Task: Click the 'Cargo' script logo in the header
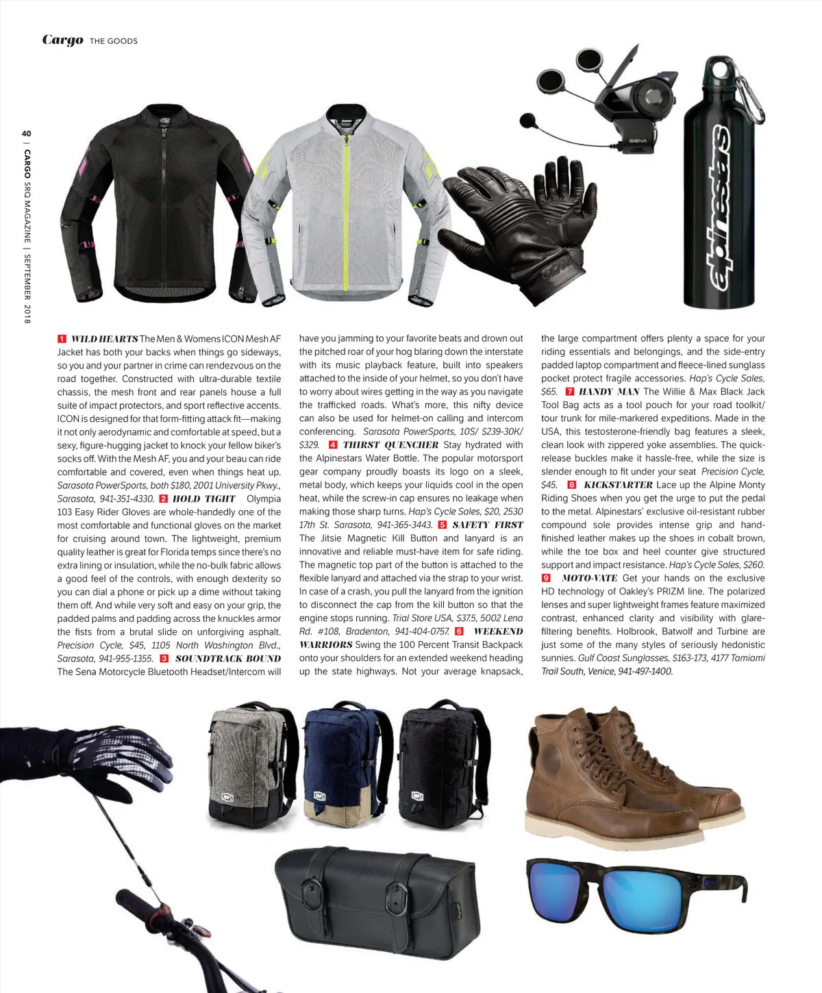(62, 40)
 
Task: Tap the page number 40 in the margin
(27, 133)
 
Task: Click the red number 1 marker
(62, 339)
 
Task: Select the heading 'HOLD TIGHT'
(203, 499)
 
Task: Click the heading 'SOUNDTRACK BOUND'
(228, 659)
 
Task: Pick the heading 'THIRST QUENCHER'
(390, 445)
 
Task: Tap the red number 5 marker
(443, 525)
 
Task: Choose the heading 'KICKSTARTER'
(618, 485)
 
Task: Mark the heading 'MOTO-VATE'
(589, 578)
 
